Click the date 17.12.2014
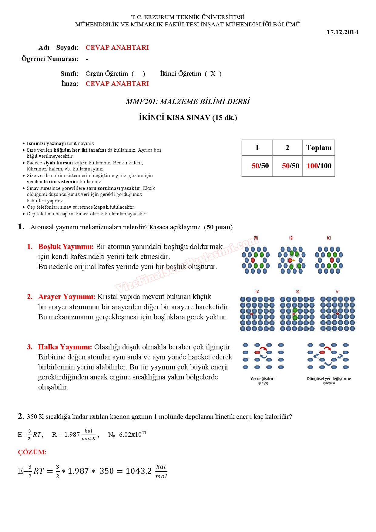pyautogui.click(x=342, y=32)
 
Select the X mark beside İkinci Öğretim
pyautogui.click(x=213, y=74)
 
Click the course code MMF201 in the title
pyautogui.click(x=142, y=102)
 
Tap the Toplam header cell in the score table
pyautogui.click(x=319, y=148)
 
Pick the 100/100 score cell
pyautogui.click(x=319, y=166)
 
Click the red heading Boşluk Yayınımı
pyautogui.click(x=66, y=247)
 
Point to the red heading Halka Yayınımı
pyautogui.click(x=65, y=347)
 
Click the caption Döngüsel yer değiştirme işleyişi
pyautogui.click(x=329, y=381)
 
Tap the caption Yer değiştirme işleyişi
pyautogui.click(x=263, y=381)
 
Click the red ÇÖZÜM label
pyautogui.click(x=32, y=452)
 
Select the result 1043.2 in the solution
pyautogui.click(x=139, y=471)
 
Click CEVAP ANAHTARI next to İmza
pyautogui.click(x=117, y=84)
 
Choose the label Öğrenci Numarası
pyautogui.click(x=50, y=59)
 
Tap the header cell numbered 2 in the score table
pyautogui.click(x=287, y=148)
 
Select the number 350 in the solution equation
pyautogui.click(x=106, y=471)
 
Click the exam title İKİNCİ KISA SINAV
pyautogui.click(x=175, y=118)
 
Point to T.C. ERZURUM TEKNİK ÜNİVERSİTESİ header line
pyautogui.click(x=187, y=17)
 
